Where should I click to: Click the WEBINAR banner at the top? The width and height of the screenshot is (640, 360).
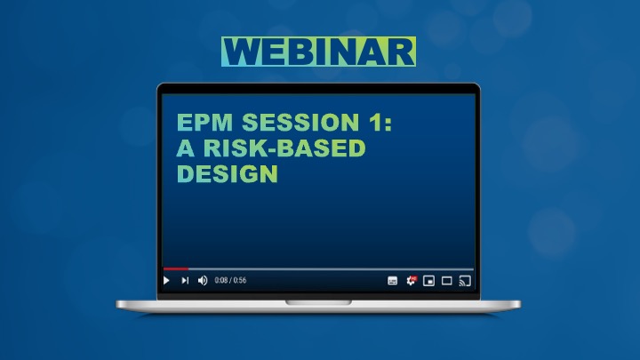tap(319, 52)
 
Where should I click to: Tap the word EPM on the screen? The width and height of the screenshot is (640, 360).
tap(205, 122)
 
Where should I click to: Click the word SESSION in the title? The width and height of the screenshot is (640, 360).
tap(300, 122)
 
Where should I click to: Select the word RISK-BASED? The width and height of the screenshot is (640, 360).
tap(284, 148)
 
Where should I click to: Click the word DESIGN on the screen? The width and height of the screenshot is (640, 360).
tap(228, 173)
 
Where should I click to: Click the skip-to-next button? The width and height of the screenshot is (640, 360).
tap(185, 280)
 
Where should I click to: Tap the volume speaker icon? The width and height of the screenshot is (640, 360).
tap(203, 280)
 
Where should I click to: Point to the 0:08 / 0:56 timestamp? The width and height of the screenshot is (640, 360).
tap(230, 280)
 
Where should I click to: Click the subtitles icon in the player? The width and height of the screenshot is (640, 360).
tap(392, 281)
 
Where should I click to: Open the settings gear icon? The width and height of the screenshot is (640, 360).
tap(411, 280)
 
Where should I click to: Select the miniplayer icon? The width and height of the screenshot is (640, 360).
tap(428, 281)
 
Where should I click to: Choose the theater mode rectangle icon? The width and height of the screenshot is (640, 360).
tap(447, 281)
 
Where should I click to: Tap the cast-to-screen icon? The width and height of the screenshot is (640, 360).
tap(465, 281)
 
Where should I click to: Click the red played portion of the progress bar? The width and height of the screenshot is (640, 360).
tap(175, 269)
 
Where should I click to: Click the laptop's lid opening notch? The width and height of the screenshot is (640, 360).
tap(318, 302)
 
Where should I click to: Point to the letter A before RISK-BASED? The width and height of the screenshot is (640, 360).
tap(186, 148)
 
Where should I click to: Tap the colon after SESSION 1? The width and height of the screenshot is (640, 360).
tap(388, 124)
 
